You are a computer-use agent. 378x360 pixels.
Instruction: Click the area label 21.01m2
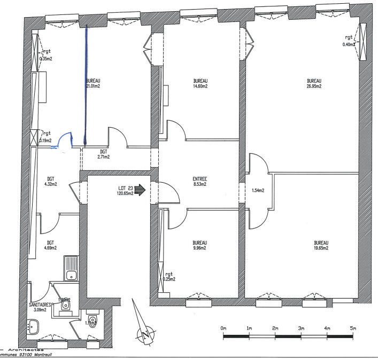(x=94, y=85)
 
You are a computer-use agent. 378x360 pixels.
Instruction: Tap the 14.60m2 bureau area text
(x=200, y=85)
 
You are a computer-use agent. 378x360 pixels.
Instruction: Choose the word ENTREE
(x=199, y=179)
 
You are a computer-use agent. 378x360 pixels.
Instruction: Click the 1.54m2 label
(x=258, y=190)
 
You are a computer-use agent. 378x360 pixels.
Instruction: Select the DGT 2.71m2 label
(x=104, y=154)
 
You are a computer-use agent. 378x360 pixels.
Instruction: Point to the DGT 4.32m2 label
(x=51, y=182)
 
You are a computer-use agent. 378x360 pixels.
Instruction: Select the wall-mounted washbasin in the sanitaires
(x=33, y=325)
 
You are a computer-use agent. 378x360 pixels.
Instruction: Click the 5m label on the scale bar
(x=352, y=327)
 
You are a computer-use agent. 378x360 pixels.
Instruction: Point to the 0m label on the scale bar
(x=223, y=327)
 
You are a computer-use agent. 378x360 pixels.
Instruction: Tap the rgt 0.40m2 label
(x=349, y=41)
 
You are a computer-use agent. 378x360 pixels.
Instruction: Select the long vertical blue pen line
(x=86, y=85)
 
